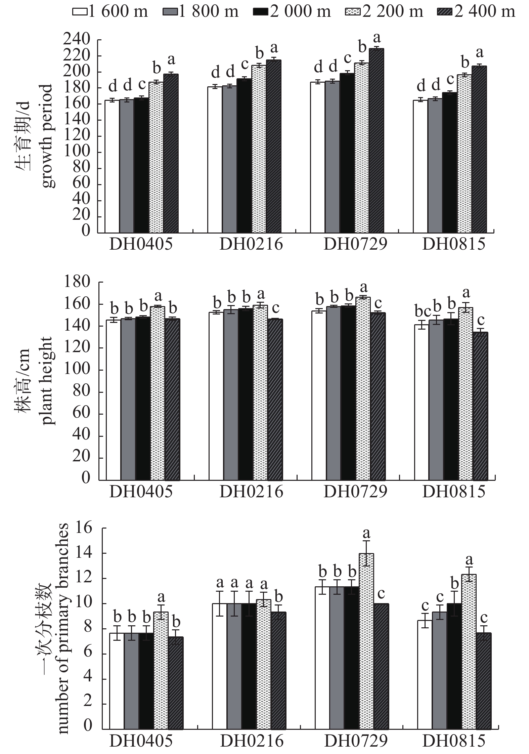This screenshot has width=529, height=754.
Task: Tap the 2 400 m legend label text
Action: (485, 12)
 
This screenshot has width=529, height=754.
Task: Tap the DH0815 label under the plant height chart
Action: (454, 492)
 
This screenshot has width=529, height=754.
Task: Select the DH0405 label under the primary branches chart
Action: (141, 740)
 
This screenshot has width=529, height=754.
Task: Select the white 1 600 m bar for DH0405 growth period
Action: (113, 166)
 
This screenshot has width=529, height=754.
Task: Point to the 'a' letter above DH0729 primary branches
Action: (366, 533)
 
